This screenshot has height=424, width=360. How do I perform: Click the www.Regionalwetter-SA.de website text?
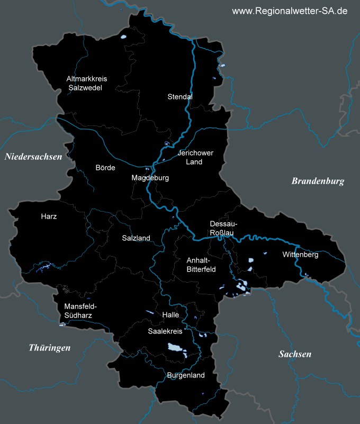pos(290,11)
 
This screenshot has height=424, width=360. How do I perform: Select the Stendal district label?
pos(180,97)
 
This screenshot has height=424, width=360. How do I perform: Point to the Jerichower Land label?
pos(195,157)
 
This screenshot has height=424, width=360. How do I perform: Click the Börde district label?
pos(105,168)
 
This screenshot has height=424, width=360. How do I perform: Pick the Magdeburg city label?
pos(150,178)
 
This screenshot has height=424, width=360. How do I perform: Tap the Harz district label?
pos(49,216)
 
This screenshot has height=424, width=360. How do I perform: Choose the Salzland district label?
pos(136,238)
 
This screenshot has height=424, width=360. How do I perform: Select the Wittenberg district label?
pos(300,255)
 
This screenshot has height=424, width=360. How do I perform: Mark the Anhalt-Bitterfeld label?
pos(199,265)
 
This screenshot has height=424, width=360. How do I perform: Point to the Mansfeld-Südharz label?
pos(80,311)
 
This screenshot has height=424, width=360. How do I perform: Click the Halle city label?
pos(171,314)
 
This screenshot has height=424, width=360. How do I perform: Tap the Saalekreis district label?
pos(165,331)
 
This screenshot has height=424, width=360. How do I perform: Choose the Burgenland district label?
pos(185,375)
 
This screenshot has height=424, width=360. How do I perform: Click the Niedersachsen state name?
pos(33,157)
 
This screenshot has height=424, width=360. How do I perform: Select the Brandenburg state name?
pos(318,181)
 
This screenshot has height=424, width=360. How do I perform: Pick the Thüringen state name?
pos(49,348)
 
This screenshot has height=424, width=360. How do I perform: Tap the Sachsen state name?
pos(295,354)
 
